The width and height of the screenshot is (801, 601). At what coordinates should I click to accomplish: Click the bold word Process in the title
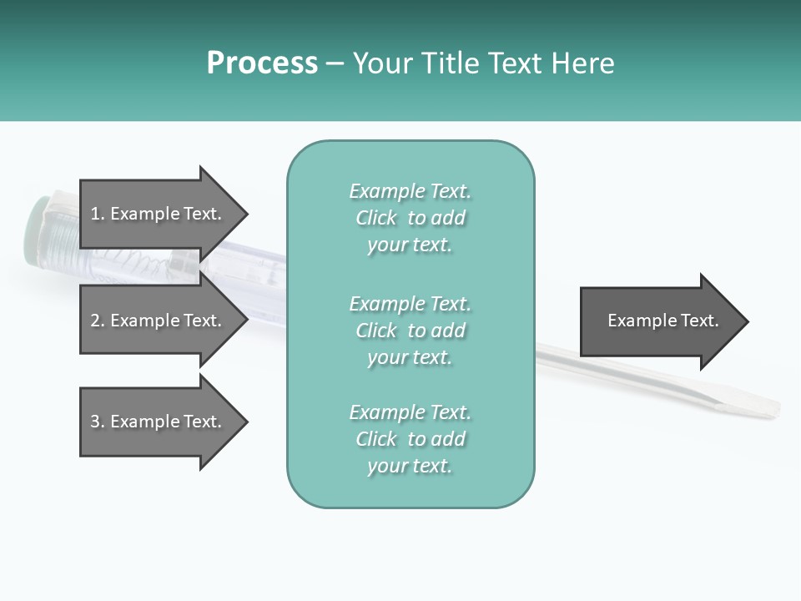262,63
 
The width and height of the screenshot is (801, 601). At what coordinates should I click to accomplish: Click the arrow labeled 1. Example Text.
159,214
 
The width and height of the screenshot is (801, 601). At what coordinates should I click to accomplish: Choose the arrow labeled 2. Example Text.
159,321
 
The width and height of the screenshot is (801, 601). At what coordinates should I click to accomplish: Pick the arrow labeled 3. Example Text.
159,422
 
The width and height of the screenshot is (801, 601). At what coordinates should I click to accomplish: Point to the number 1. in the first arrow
98,214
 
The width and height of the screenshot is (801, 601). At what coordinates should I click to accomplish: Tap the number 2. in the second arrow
98,321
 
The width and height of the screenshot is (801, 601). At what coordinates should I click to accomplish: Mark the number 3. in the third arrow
98,422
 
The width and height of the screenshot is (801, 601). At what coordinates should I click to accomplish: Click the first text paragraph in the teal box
410,218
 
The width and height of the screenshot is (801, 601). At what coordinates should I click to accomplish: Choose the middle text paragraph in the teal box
410,330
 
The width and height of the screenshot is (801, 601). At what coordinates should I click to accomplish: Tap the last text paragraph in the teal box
410,439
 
